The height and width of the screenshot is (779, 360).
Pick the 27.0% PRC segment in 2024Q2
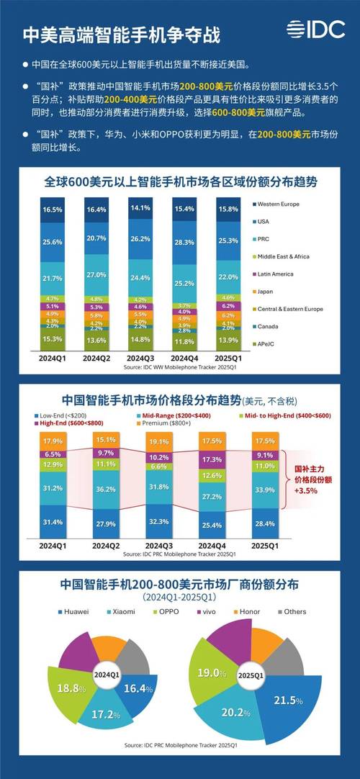tap(96, 275)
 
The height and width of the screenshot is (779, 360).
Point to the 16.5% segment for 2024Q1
tap(52, 209)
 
